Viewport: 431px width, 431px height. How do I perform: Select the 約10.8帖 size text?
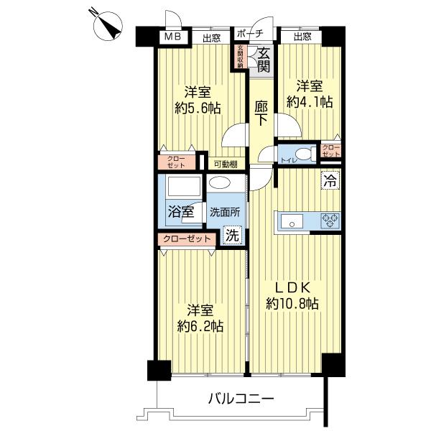click(292, 304)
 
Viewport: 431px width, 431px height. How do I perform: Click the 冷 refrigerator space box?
click(330, 181)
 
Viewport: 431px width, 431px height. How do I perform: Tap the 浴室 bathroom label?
click(180, 212)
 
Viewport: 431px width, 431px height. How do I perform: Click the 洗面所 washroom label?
click(224, 212)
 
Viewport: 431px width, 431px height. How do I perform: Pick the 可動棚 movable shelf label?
click(223, 164)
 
